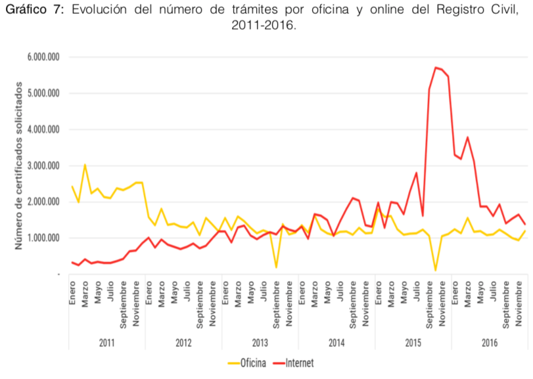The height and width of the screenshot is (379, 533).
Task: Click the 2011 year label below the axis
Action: click(x=106, y=343)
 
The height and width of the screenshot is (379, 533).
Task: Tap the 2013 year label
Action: click(x=260, y=343)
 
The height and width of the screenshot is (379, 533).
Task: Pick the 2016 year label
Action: click(x=489, y=343)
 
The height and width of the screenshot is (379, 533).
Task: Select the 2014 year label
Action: click(x=336, y=343)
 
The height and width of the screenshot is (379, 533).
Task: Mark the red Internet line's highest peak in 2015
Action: click(x=436, y=67)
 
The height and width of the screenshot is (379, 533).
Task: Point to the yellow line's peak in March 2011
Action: click(x=85, y=164)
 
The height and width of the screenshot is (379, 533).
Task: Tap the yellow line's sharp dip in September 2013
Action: click(x=276, y=267)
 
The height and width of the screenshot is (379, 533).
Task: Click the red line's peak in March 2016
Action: click(x=467, y=137)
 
